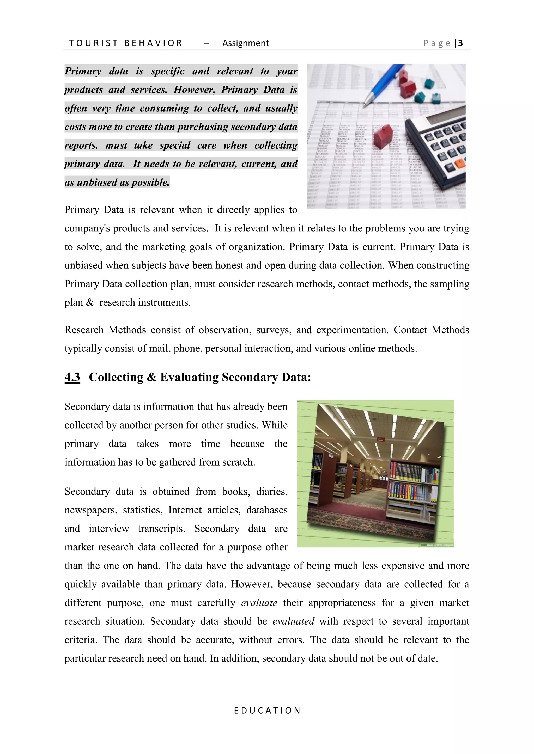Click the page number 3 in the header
pyautogui.click(x=460, y=43)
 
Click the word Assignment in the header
pyautogui.click(x=245, y=43)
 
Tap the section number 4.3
pyautogui.click(x=72, y=377)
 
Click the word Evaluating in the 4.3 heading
pyautogui.click(x=189, y=377)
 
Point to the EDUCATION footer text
pyautogui.click(x=267, y=710)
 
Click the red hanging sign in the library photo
pyautogui.click(x=381, y=439)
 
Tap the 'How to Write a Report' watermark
pyautogui.click(x=439, y=545)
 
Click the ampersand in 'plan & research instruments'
pyautogui.click(x=90, y=303)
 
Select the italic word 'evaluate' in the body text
pyautogui.click(x=259, y=603)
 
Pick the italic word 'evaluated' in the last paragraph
pyautogui.click(x=293, y=621)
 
